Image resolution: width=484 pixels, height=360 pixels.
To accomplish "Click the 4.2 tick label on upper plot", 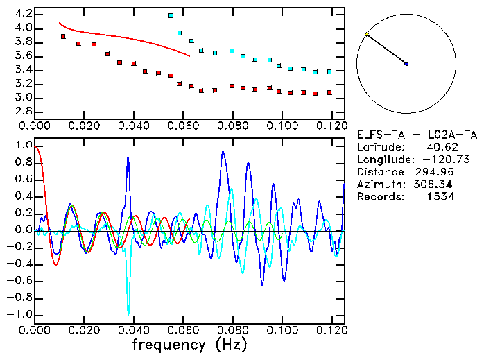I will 21,14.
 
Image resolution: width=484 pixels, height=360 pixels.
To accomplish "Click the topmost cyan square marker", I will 171,15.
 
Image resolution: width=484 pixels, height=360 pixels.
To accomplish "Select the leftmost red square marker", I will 63,36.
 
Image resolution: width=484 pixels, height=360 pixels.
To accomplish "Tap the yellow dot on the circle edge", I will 367,34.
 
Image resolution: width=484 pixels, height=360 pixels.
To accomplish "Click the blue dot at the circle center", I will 406,64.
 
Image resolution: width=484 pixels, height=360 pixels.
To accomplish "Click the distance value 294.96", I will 435,172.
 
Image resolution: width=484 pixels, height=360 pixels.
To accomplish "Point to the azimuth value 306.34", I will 435,185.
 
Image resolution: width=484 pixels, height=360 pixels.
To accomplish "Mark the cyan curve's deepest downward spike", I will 128,315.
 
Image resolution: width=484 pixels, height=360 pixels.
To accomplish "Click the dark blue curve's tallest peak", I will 223,152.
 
